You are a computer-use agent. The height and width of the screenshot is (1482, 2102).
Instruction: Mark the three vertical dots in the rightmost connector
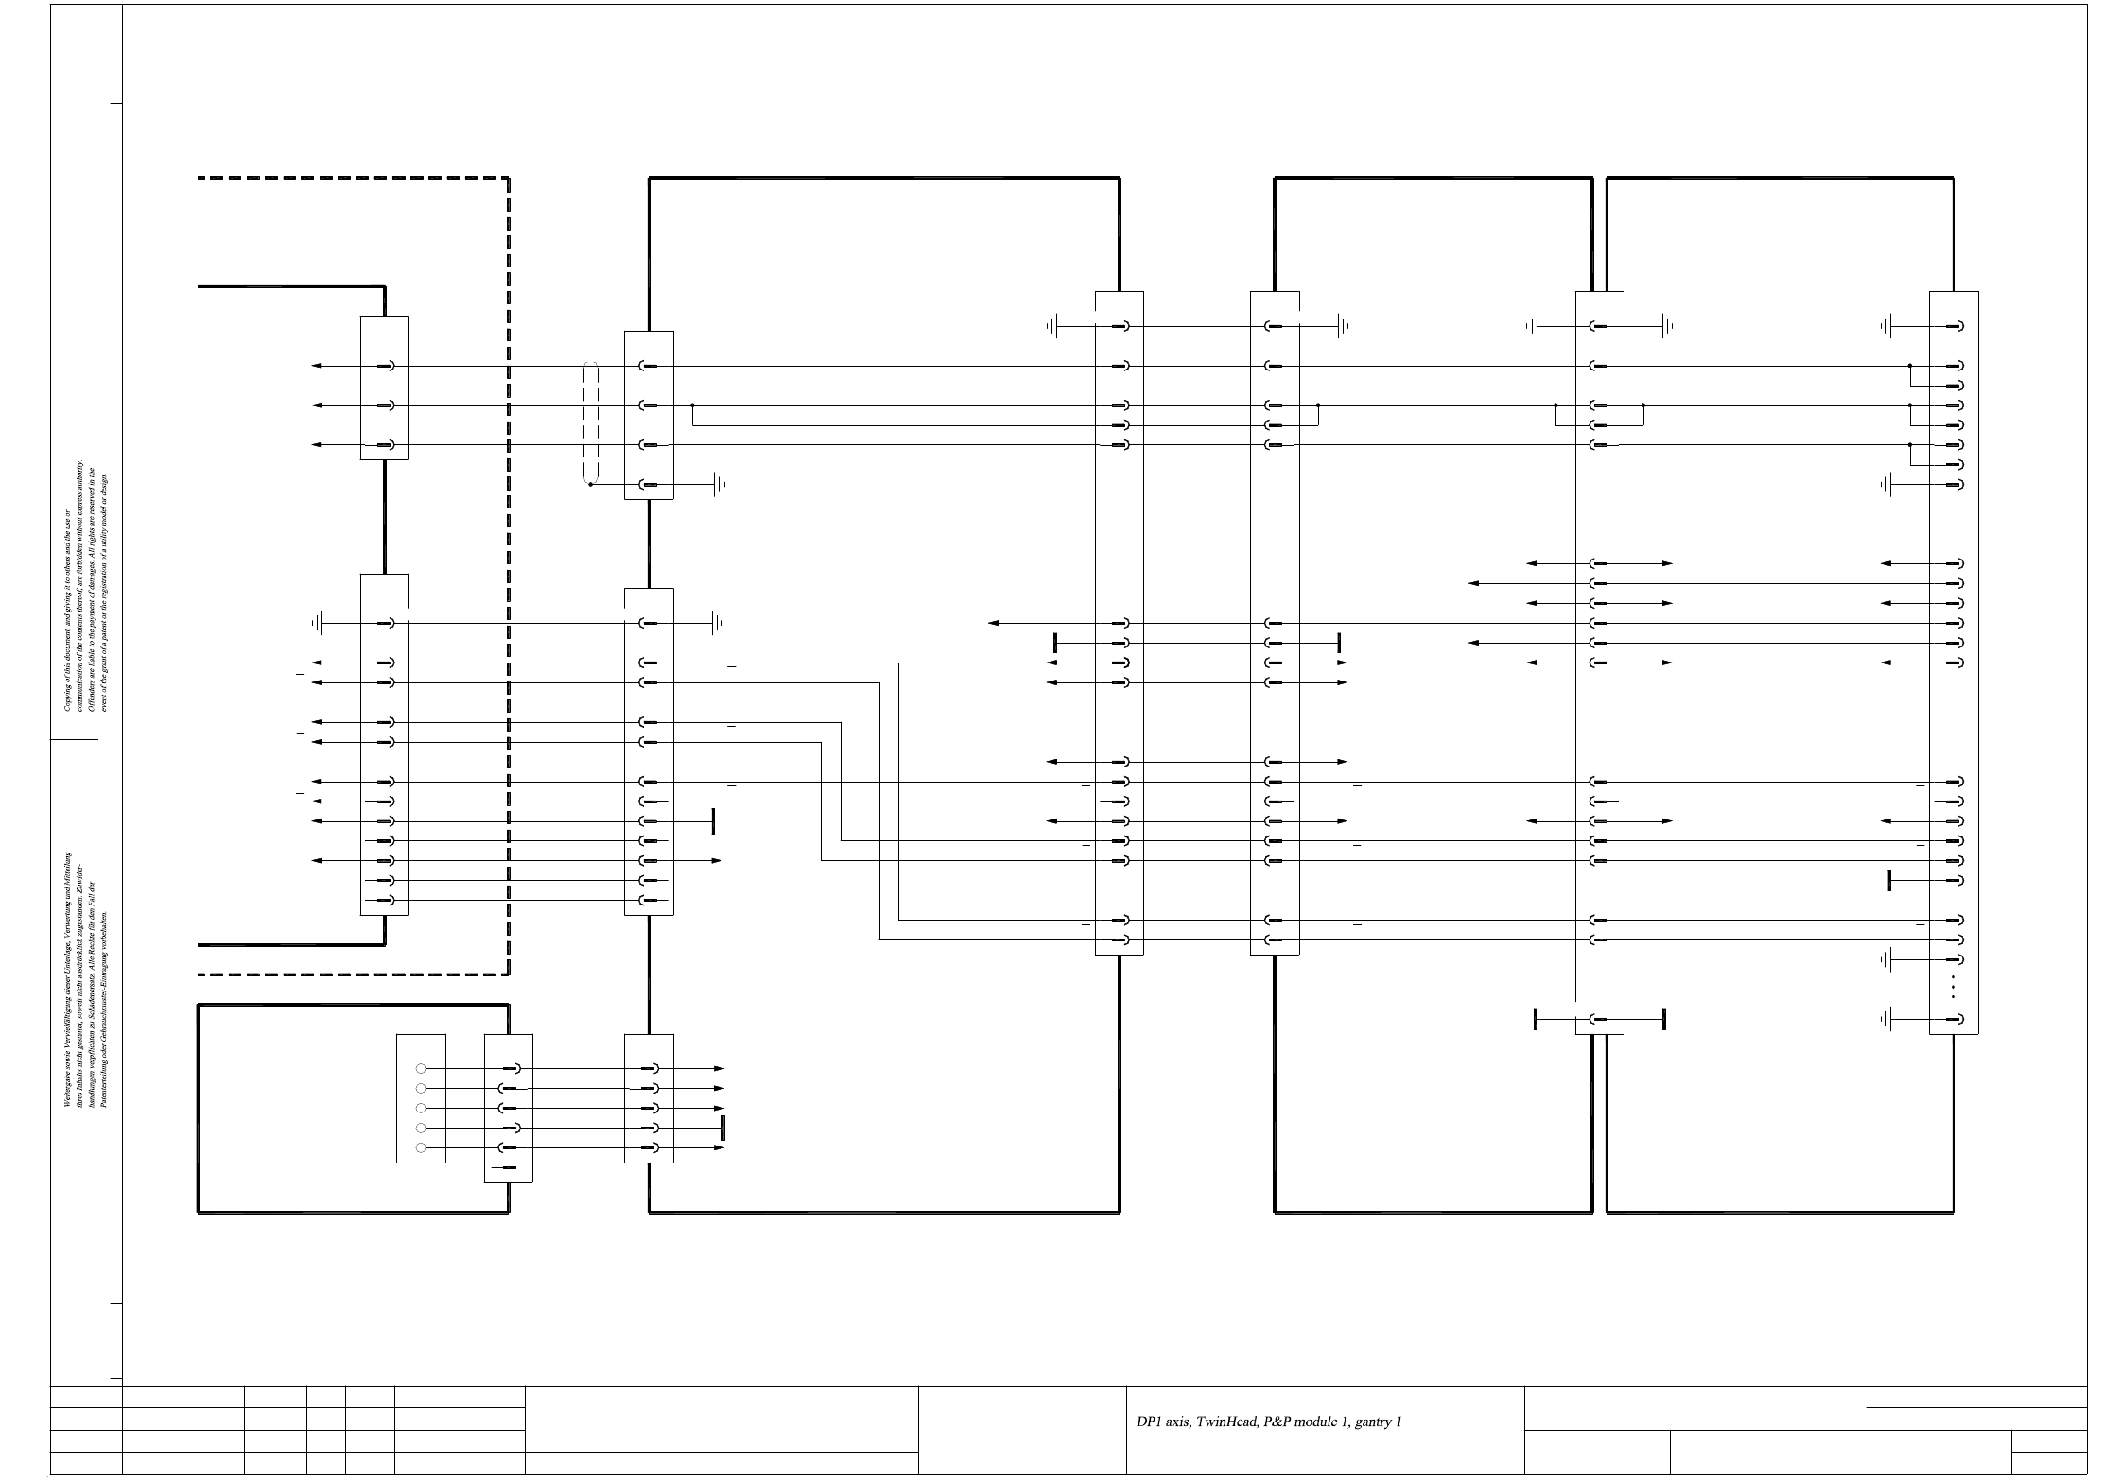point(1953,987)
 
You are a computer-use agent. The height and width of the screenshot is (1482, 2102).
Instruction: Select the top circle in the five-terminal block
point(421,1068)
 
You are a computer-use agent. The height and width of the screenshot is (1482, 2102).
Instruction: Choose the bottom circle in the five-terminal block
point(421,1147)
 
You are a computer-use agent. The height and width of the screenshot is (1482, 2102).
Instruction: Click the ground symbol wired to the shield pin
point(719,485)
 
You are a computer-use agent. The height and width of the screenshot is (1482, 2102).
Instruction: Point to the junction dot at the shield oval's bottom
point(590,485)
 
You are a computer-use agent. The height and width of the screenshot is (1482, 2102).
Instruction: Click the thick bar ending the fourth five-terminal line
point(722,1128)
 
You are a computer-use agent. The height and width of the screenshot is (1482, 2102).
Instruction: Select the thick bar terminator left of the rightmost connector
point(1889,881)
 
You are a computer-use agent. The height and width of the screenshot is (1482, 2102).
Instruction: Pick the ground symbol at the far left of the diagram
point(319,623)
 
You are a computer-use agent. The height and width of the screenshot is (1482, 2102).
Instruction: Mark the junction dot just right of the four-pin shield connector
point(692,405)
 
